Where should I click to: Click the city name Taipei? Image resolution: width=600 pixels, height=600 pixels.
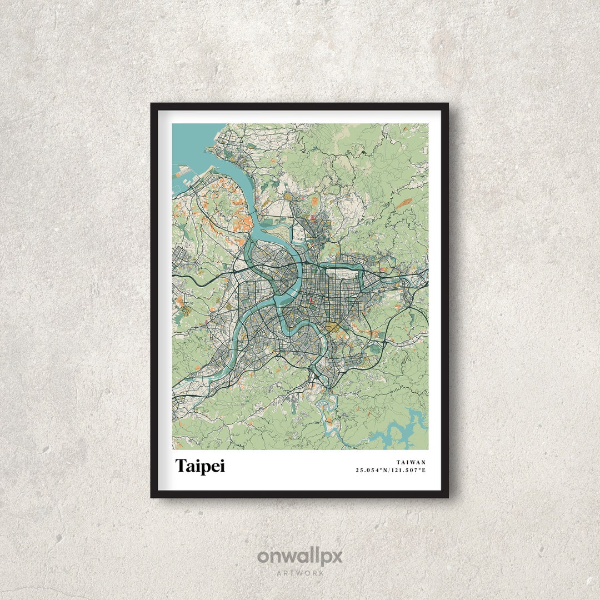click(200, 466)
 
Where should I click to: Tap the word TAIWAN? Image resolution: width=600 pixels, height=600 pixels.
click(411, 462)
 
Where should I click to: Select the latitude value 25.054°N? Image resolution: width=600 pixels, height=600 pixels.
click(372, 471)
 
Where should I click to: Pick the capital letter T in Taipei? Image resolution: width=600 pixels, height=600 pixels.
click(181, 466)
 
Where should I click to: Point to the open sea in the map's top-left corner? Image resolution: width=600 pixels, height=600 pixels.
click(186, 139)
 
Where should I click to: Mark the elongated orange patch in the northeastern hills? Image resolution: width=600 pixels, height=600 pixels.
click(404, 203)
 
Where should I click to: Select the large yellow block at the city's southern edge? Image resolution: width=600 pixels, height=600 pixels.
click(334, 328)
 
